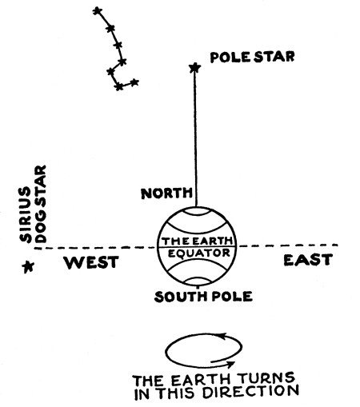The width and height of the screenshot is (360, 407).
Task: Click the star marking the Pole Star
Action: pyautogui.click(x=195, y=68)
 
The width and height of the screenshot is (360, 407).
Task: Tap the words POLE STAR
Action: pyautogui.click(x=252, y=57)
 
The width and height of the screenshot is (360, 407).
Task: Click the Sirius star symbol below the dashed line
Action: pyautogui.click(x=29, y=266)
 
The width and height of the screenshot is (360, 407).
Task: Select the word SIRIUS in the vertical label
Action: pyautogui.click(x=26, y=214)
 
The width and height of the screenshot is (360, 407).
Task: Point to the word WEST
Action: pyautogui.click(x=91, y=262)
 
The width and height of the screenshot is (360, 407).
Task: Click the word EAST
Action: pyautogui.click(x=308, y=260)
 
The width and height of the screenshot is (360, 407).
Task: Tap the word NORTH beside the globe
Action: pyautogui.click(x=166, y=194)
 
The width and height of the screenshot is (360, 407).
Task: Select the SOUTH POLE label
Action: pyautogui.click(x=203, y=297)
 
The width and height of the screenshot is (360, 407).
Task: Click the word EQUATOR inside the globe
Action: pyautogui.click(x=199, y=253)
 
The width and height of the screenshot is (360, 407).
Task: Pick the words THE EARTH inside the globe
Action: pyautogui.click(x=198, y=241)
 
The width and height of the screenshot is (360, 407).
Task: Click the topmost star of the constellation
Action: pyautogui.click(x=98, y=11)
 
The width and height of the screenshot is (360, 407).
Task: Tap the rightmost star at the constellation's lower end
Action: pyautogui.click(x=135, y=82)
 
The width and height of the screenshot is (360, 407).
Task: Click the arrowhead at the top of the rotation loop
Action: pyautogui.click(x=222, y=336)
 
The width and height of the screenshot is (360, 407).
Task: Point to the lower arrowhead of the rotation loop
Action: pyautogui.click(x=230, y=364)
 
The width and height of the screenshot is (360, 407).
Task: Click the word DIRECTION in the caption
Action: pyautogui.click(x=250, y=392)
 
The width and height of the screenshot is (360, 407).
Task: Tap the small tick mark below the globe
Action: pyautogui.click(x=198, y=287)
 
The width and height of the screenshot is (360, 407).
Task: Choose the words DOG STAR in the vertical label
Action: pyautogui.click(x=41, y=204)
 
